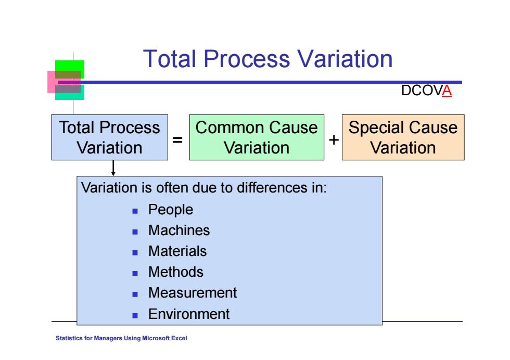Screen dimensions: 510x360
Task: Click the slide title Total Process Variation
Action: tap(267, 59)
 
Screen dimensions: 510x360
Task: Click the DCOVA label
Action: tap(426, 91)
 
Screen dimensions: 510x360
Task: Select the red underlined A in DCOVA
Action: tap(447, 91)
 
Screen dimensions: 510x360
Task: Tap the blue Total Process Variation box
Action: tap(110, 137)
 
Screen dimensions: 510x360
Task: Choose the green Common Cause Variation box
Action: tap(257, 137)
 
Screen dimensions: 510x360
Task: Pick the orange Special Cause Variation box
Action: tap(403, 137)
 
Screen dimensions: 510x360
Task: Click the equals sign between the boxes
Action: tap(177, 140)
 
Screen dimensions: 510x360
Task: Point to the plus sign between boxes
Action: tap(334, 140)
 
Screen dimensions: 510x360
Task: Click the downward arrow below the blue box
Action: tap(113, 168)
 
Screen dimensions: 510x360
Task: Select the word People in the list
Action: tap(171, 210)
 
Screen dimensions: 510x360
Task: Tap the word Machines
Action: tap(179, 230)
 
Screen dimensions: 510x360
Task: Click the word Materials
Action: tap(177, 251)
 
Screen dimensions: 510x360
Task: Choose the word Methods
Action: tap(176, 272)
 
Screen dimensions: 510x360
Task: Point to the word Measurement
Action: tap(193, 293)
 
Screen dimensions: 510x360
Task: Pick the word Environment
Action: tap(189, 314)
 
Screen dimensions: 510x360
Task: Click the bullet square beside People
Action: tap(135, 211)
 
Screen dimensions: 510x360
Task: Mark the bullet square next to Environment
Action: tap(135, 315)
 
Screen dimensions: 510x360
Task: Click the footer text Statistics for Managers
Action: tap(121, 338)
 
